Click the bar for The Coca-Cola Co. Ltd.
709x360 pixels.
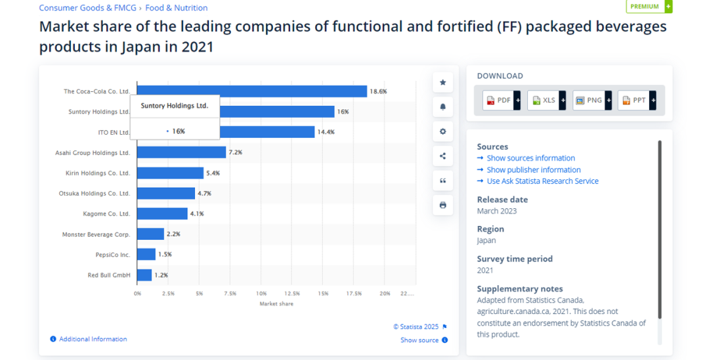251,91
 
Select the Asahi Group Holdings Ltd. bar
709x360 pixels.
181,152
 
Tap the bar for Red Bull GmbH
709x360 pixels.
144,275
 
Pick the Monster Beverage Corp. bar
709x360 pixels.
150,234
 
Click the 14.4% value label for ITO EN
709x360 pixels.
326,132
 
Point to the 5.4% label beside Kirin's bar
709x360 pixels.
213,173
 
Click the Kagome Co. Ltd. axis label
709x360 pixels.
106,214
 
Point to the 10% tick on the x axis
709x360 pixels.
261,293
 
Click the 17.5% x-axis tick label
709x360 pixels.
354,293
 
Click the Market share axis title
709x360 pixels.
276,304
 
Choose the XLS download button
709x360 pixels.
546,101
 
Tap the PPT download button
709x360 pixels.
637,101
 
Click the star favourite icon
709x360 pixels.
442,83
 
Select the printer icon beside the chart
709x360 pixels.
442,205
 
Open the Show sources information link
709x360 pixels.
530,158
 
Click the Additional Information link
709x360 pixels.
93,339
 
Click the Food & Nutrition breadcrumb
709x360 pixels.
177,8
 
